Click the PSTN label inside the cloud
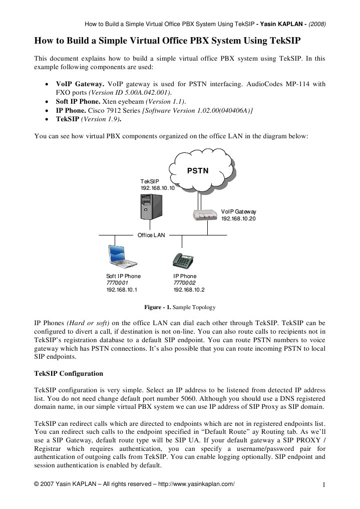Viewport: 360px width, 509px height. (198, 171)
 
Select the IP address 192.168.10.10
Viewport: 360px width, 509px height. (157, 188)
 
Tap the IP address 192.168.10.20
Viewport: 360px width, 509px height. (238, 218)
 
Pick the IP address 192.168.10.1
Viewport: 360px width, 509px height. (122, 290)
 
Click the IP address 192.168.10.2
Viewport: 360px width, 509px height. (189, 290)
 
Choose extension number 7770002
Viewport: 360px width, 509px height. (184, 283)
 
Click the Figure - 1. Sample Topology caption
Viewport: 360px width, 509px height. (179, 307)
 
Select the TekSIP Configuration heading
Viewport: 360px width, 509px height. (68, 374)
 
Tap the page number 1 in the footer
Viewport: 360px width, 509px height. (324, 484)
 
